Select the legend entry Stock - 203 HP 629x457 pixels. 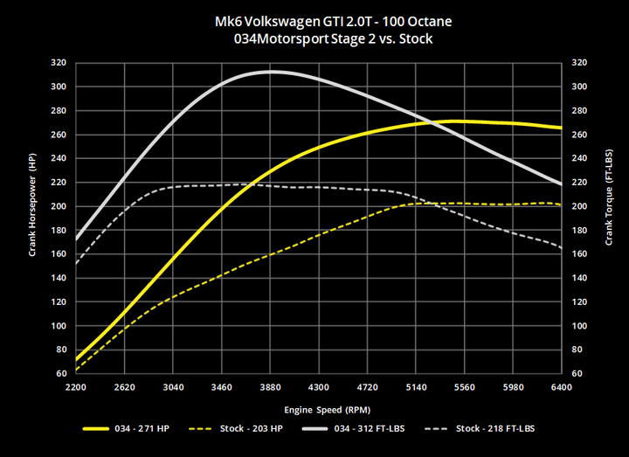coord(251,429)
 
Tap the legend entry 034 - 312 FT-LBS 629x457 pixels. coord(379,429)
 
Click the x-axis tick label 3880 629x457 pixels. coord(270,386)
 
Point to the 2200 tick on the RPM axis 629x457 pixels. coord(77,386)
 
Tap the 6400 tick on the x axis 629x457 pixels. coord(561,386)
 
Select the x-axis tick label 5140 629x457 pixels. coord(415,386)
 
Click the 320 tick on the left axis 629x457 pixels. coord(59,63)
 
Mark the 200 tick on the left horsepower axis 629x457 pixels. coord(59,206)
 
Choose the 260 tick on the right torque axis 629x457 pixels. coord(578,135)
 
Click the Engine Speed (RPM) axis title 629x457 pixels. coord(318,409)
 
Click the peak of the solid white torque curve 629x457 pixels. coord(272,72)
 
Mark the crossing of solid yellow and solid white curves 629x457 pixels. coord(432,122)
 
